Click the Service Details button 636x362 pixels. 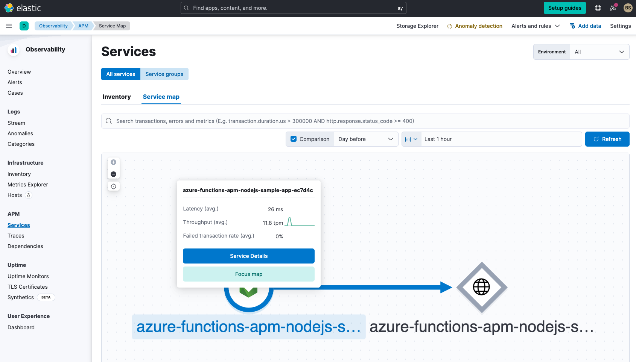pos(248,256)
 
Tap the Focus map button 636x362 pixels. pos(248,274)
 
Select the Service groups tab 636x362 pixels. pos(164,74)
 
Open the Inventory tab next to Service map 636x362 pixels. pos(117,97)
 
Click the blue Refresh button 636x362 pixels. pos(607,139)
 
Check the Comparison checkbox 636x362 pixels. pos(294,139)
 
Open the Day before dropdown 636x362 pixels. pos(366,139)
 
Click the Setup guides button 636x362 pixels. pos(564,8)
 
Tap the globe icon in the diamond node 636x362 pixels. pos(481,287)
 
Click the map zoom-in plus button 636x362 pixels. pos(114,162)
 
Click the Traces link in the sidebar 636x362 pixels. pos(16,236)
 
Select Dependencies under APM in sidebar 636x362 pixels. pos(25,246)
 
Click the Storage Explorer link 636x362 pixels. pos(417,26)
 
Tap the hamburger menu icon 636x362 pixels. pos(9,26)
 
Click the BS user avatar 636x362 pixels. pos(627,8)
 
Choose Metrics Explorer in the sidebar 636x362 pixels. pos(28,185)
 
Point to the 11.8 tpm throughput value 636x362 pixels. pos(272,223)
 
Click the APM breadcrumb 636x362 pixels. pos(83,26)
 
